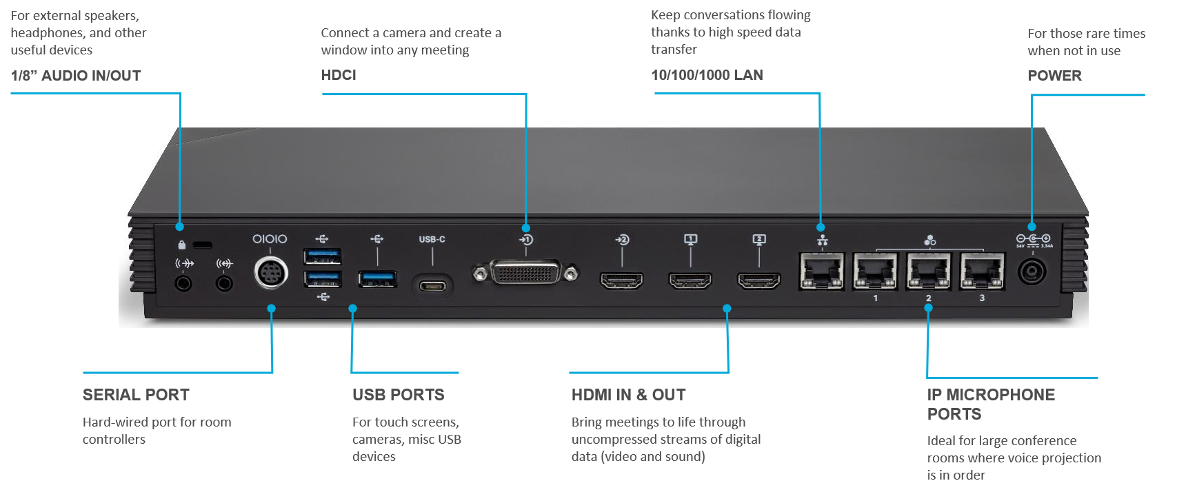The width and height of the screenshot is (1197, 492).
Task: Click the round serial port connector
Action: [x=270, y=272]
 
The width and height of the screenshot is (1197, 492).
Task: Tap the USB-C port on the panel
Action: [x=432, y=283]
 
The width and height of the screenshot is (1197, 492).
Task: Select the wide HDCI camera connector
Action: [x=525, y=274]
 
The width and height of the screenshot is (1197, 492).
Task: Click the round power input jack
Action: [x=1032, y=271]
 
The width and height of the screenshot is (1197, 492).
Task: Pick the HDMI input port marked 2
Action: [x=621, y=280]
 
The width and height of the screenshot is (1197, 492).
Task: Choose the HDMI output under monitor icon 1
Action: [x=690, y=280]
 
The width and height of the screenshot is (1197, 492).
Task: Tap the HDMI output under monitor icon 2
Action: [x=759, y=280]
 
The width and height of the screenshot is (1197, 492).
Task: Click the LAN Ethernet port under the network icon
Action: [x=821, y=271]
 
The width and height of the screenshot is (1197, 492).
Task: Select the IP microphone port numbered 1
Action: [x=875, y=271]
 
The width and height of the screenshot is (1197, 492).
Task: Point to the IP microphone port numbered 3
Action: [x=982, y=271]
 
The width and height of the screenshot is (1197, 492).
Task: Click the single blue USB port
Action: [x=377, y=279]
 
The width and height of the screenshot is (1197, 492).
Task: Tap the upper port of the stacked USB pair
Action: [x=322, y=256]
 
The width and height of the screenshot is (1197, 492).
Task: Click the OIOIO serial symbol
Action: [x=270, y=239]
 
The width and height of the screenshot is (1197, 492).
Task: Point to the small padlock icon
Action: [x=181, y=245]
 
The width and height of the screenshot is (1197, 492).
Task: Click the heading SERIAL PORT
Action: [x=136, y=395]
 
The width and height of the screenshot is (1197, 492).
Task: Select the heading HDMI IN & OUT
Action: [x=628, y=395]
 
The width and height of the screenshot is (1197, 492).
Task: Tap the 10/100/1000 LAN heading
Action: [x=707, y=75]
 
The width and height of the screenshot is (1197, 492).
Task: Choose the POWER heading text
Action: [x=1054, y=76]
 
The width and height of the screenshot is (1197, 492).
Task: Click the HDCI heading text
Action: [x=339, y=75]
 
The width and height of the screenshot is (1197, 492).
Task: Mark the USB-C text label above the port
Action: [x=432, y=239]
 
